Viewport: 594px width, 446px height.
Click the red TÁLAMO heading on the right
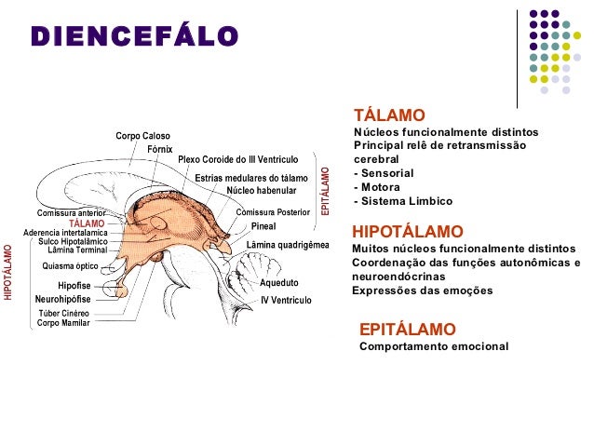pyautogui.click(x=390, y=115)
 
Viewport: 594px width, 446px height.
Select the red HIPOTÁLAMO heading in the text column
pyautogui.click(x=407, y=231)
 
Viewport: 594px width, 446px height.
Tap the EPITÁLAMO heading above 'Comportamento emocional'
pyautogui.click(x=407, y=330)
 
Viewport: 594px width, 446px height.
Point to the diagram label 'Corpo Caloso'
pyautogui.click(x=142, y=137)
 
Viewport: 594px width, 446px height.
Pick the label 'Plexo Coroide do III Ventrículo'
pyautogui.click(x=237, y=160)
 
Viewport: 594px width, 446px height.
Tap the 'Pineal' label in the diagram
pyautogui.click(x=264, y=226)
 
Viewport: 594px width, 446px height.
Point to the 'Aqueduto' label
pyautogui.click(x=278, y=281)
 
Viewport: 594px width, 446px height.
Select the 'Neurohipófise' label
pyautogui.click(x=62, y=299)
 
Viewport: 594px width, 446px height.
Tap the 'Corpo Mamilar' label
pyautogui.click(x=63, y=323)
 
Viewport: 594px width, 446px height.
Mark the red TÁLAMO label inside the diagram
pyautogui.click(x=87, y=223)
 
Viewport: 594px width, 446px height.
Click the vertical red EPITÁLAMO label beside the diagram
pyautogui.click(x=325, y=192)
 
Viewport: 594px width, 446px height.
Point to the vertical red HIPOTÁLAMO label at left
pyautogui.click(x=8, y=272)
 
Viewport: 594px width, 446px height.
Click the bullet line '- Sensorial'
pyautogui.click(x=384, y=173)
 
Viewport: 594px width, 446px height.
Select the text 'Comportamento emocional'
pyautogui.click(x=434, y=346)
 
